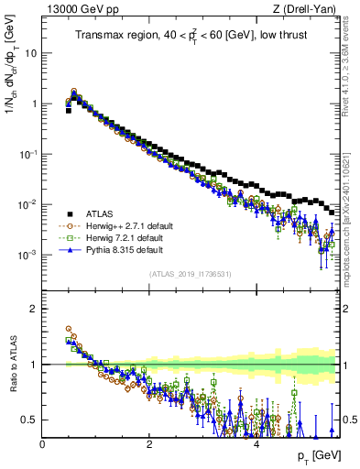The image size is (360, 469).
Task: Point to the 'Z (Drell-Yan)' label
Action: coord(309,10)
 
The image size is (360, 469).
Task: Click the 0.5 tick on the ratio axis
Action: coord(29,420)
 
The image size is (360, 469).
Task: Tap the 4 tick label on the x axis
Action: coord(256,443)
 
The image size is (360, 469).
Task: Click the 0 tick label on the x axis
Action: coord(43,443)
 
